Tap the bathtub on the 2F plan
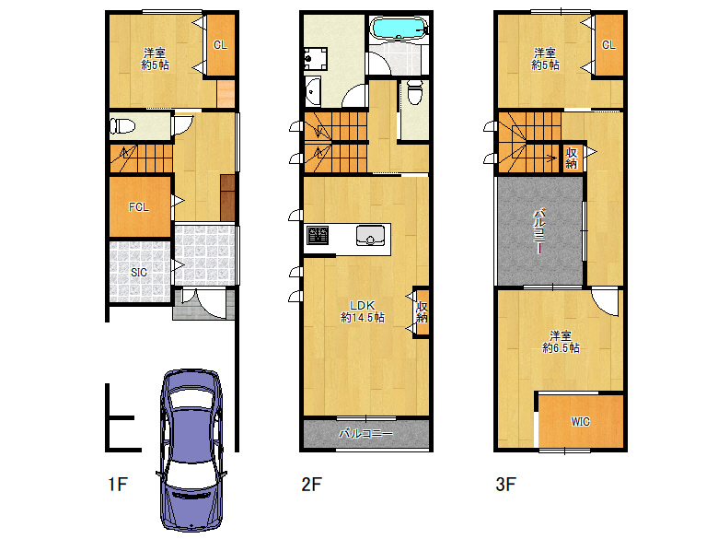tap(398, 29)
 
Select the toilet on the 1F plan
tap(122, 125)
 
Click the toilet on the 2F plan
tap(415, 91)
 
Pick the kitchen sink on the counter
tap(370, 236)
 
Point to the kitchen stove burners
tap(318, 236)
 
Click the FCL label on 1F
tap(139, 207)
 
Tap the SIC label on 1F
tap(139, 272)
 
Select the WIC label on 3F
tap(580, 422)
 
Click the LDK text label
tap(362, 305)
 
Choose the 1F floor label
tap(118, 484)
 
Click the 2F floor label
tap(312, 484)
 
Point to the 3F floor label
tap(506, 484)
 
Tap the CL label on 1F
tap(220, 45)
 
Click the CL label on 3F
tap(608, 45)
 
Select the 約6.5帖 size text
tap(561, 348)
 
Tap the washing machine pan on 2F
tap(316, 59)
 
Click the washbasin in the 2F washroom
tap(313, 91)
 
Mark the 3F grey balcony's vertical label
tap(539, 231)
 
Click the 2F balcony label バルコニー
tap(365, 434)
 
